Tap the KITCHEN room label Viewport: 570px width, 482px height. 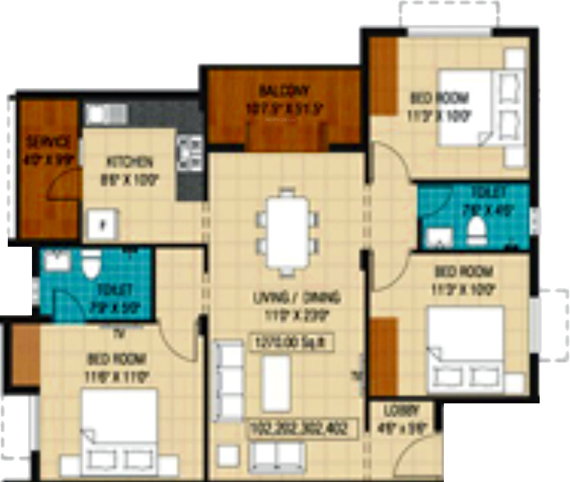(x=129, y=163)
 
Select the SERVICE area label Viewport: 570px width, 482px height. (x=48, y=142)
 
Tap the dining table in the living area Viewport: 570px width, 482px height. (x=288, y=232)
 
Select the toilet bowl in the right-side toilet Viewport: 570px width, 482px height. (x=476, y=230)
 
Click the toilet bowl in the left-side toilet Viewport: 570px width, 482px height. (x=92, y=266)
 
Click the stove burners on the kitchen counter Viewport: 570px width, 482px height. (x=189, y=152)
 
